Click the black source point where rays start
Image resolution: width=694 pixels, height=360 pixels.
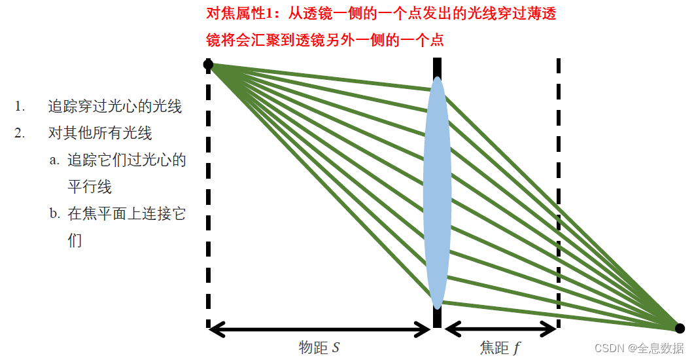point(208,64)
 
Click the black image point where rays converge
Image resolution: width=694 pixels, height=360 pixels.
point(680,328)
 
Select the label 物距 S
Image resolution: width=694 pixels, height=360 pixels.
point(319,348)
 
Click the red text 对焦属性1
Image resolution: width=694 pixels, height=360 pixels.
point(242,14)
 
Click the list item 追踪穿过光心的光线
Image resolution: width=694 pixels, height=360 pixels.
point(115,106)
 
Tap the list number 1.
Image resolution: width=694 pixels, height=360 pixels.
point(20,106)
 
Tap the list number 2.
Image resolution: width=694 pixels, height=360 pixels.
point(20,133)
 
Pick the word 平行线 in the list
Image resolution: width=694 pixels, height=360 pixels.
point(90,187)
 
